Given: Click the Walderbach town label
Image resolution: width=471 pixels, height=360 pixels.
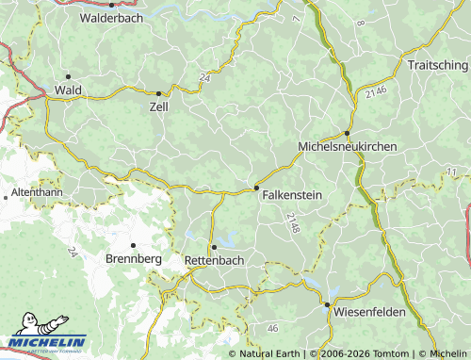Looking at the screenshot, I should click(x=110, y=18).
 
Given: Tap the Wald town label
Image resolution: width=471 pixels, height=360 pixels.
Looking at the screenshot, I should click(x=69, y=90).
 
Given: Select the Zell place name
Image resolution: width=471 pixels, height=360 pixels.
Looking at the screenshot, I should click(x=158, y=107).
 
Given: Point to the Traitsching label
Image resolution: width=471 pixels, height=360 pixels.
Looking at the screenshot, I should click(x=437, y=64).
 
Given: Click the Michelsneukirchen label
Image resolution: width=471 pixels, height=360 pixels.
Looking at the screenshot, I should click(x=347, y=147).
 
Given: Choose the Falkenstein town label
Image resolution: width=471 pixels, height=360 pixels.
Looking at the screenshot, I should click(x=292, y=194).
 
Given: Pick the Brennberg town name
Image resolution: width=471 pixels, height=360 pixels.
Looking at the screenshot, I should click(x=134, y=258).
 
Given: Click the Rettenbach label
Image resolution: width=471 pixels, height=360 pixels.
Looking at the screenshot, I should click(x=214, y=259).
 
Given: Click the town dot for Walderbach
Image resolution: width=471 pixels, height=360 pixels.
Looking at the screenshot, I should click(x=111, y=5).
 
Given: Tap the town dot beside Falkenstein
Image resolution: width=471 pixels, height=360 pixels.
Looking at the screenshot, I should click(x=257, y=188).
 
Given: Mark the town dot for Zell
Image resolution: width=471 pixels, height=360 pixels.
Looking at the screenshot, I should click(x=158, y=92).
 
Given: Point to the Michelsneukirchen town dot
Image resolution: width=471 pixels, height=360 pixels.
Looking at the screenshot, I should click(x=347, y=133).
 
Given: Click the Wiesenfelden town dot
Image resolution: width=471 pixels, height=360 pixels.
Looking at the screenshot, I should click(x=327, y=305).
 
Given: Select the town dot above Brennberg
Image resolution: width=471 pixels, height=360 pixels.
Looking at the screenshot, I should click(x=134, y=245).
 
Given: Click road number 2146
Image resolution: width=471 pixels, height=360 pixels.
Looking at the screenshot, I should click(x=376, y=90).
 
